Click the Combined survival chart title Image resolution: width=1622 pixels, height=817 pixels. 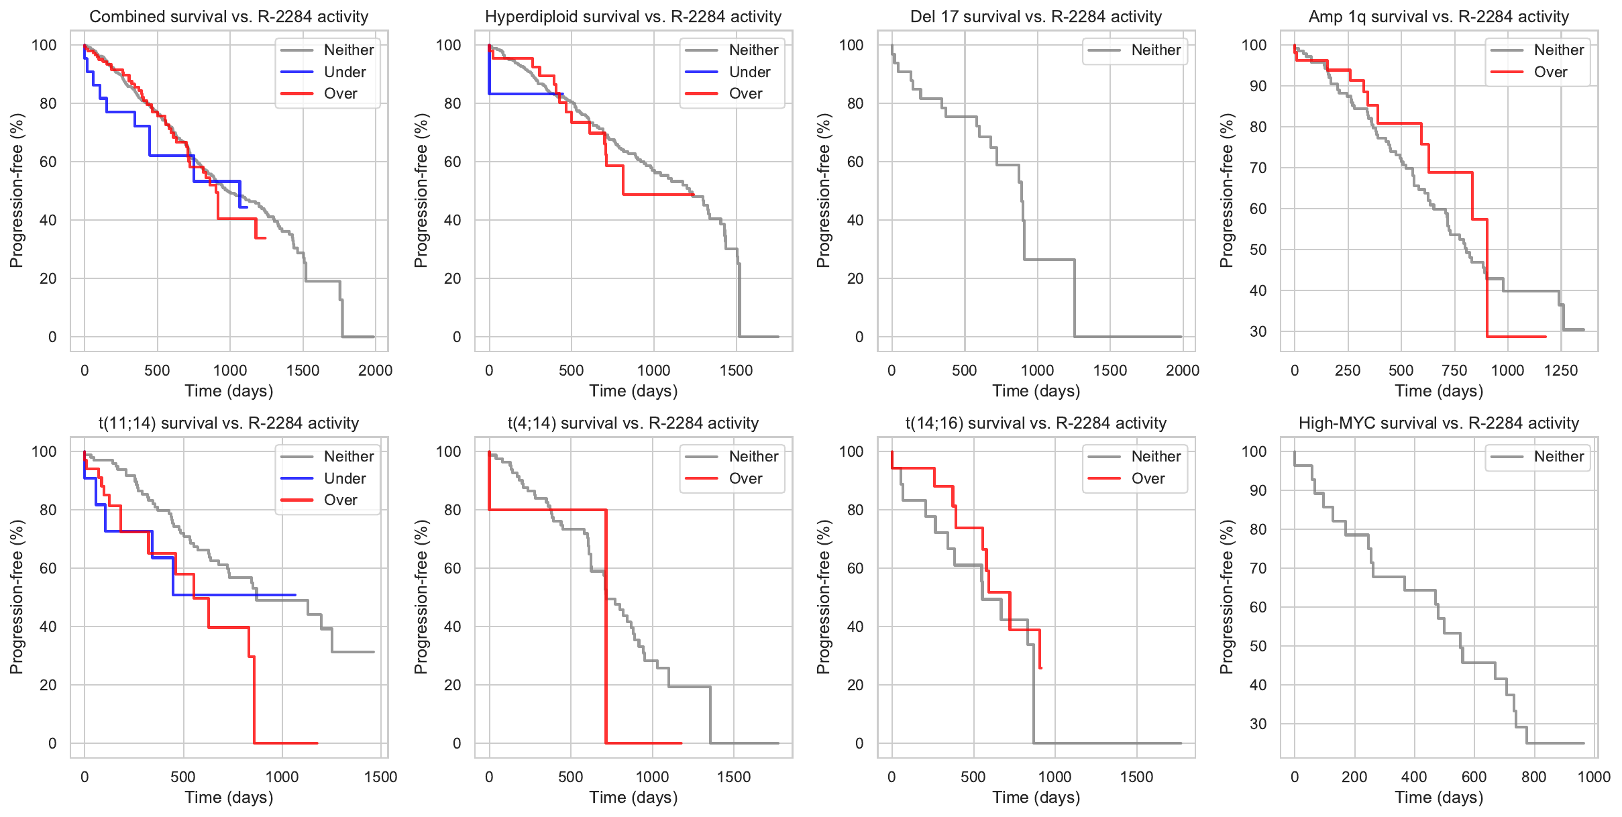pyautogui.click(x=229, y=17)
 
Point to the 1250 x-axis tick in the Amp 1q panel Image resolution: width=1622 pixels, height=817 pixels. pyautogui.click(x=1561, y=370)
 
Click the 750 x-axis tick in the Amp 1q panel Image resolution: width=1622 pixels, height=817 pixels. pyautogui.click(x=1454, y=370)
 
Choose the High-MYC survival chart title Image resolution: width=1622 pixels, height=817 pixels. pyautogui.click(x=1439, y=423)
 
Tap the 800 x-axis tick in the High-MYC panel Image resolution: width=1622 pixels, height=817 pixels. pyautogui.click(x=1534, y=777)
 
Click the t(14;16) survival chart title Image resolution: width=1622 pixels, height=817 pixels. pyautogui.click(x=1036, y=423)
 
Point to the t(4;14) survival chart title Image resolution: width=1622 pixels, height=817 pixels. pyautogui.click(x=633, y=423)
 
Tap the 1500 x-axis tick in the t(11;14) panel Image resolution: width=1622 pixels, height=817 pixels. pyautogui.click(x=380, y=777)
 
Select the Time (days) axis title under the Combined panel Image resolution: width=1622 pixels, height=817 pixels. pyautogui.click(x=229, y=391)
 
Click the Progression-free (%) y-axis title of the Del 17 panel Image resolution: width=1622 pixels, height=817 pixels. pyautogui.click(x=824, y=190)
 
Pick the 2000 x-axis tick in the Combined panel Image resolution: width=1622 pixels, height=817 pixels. pyautogui.click(x=375, y=370)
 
